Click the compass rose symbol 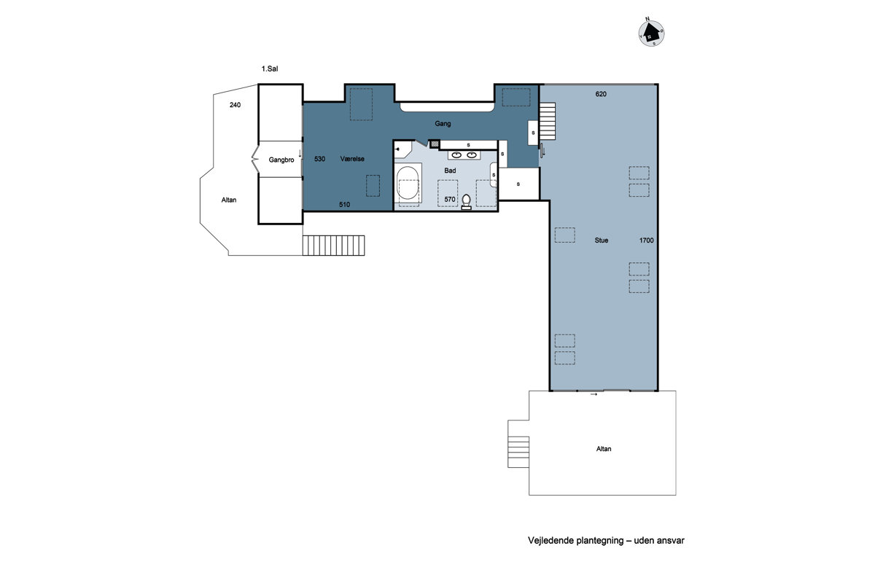[x=651, y=33]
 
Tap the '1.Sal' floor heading [x=270, y=69]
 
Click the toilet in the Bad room [x=466, y=202]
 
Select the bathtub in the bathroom [x=408, y=183]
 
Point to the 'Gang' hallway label [x=443, y=124]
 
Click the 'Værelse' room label [x=352, y=159]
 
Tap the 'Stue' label [x=601, y=240]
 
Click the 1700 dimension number [x=646, y=240]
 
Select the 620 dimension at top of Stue [x=601, y=94]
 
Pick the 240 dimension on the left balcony [x=235, y=105]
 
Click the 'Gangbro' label [x=281, y=160]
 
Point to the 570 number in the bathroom [x=450, y=200]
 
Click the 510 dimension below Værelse [x=344, y=205]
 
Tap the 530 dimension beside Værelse [x=319, y=159]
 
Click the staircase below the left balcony [x=334, y=246]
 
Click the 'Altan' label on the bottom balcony [x=604, y=449]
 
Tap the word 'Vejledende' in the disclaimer [x=551, y=541]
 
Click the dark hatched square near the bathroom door [x=435, y=144]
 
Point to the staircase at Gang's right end [x=547, y=121]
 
